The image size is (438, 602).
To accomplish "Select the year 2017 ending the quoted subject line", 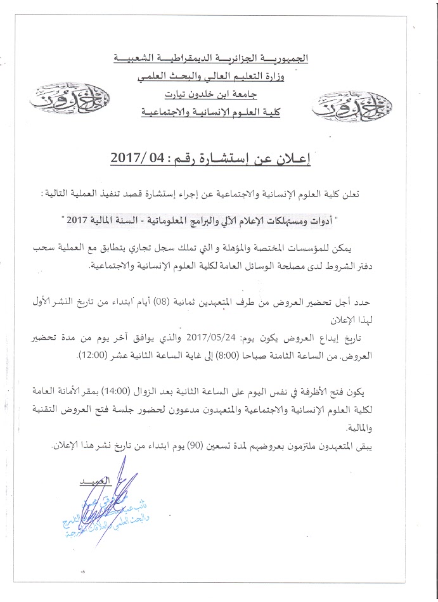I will coord(94,222).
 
